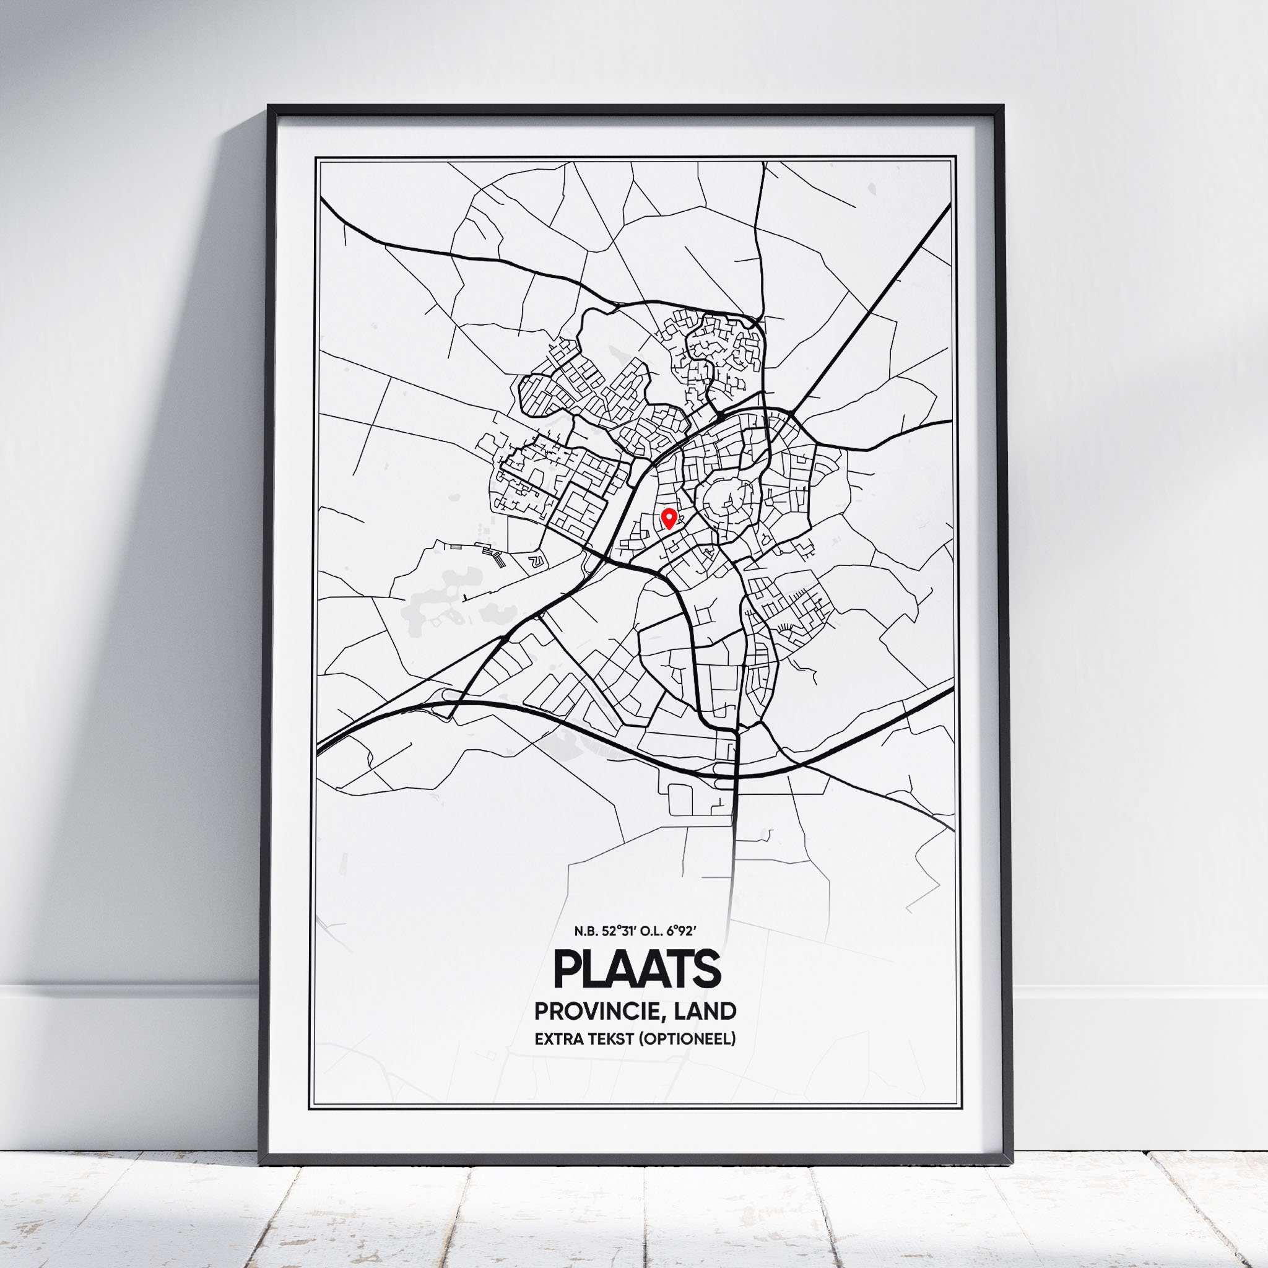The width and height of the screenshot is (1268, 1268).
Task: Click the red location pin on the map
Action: (669, 518)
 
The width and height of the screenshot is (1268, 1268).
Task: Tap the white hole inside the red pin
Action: (669, 516)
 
